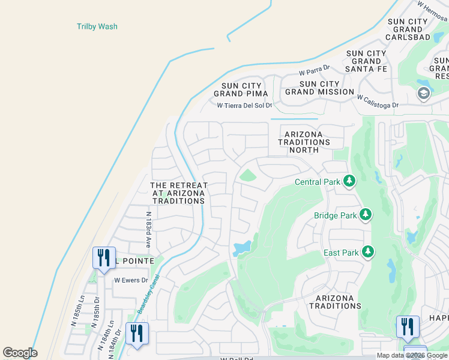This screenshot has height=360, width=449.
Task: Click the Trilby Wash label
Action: (x=97, y=26)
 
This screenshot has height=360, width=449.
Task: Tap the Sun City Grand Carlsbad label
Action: (x=408, y=29)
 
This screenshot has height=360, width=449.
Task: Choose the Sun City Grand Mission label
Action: (x=319, y=88)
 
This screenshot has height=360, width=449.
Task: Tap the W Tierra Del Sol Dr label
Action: (x=244, y=106)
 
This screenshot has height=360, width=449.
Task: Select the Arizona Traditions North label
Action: (x=304, y=142)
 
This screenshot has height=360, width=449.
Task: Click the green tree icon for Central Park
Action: (x=349, y=181)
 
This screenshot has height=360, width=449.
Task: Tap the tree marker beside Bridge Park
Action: (x=365, y=214)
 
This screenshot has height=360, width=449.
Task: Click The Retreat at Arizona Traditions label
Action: (x=178, y=193)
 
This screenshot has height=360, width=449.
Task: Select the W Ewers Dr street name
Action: (x=131, y=280)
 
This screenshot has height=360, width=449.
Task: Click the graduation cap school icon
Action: (x=423, y=94)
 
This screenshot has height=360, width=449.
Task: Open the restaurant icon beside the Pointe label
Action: (x=103, y=259)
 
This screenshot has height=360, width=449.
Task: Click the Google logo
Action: (x=20, y=353)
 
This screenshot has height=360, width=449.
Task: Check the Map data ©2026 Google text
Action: (x=412, y=355)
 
